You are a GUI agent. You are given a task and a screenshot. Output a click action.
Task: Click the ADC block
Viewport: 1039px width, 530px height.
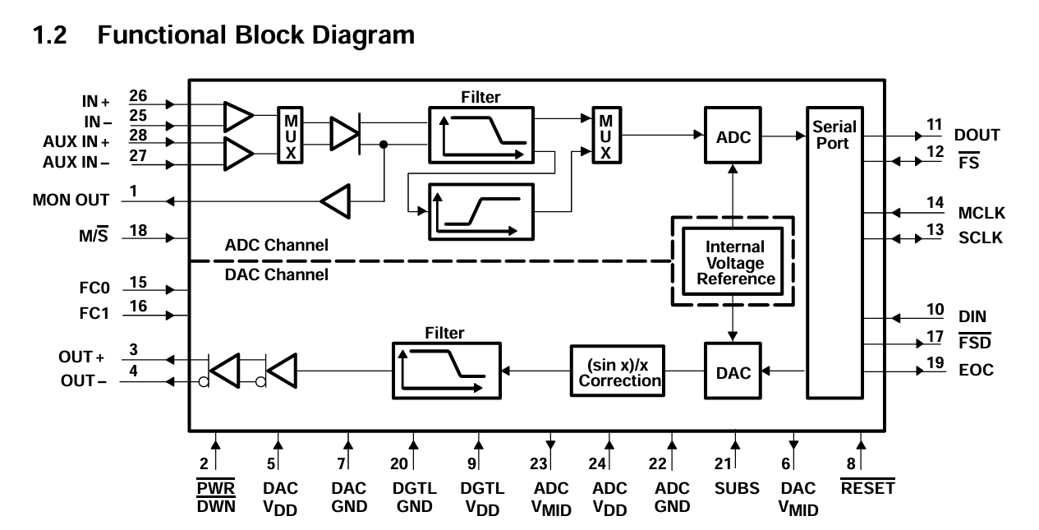pyautogui.click(x=733, y=136)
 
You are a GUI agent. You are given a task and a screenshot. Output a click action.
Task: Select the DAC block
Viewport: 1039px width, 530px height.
pyautogui.click(x=733, y=371)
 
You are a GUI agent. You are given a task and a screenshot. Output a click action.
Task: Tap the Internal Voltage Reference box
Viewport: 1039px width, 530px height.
pyautogui.click(x=733, y=261)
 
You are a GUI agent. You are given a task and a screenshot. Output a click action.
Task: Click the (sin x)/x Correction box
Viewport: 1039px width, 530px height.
pyautogui.click(x=618, y=371)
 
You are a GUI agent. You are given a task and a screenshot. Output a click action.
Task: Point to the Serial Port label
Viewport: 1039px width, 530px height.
pyautogui.click(x=834, y=135)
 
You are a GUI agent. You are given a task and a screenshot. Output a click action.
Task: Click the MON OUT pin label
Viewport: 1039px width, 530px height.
pyautogui.click(x=71, y=200)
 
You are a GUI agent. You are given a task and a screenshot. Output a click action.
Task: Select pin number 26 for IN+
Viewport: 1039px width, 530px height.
pyautogui.click(x=138, y=95)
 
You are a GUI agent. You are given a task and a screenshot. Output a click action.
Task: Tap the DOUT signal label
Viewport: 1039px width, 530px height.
pyautogui.click(x=977, y=135)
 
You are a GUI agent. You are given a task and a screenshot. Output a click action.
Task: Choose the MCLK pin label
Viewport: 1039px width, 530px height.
pyautogui.click(x=982, y=213)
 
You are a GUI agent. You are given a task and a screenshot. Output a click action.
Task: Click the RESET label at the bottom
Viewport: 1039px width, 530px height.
pyautogui.click(x=867, y=488)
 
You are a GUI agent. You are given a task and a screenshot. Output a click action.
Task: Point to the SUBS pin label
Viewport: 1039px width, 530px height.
pyautogui.click(x=737, y=488)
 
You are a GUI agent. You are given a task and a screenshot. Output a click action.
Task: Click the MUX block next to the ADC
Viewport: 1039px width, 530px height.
pyautogui.click(x=606, y=135)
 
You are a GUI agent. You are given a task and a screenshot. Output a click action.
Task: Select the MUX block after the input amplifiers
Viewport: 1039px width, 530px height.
pyautogui.click(x=291, y=135)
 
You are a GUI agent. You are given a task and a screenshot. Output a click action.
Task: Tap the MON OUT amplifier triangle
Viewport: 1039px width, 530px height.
pyautogui.click(x=336, y=201)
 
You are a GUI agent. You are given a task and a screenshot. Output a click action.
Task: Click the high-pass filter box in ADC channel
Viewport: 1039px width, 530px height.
pyautogui.click(x=481, y=212)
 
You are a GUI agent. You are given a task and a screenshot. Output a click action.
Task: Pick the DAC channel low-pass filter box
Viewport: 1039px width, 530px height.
pyautogui.click(x=446, y=371)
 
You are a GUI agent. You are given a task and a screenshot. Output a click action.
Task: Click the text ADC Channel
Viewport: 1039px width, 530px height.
pyautogui.click(x=277, y=245)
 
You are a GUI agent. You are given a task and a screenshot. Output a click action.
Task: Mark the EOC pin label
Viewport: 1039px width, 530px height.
pyautogui.click(x=976, y=371)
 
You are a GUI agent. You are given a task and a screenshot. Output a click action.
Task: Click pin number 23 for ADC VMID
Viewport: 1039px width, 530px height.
pyautogui.click(x=539, y=463)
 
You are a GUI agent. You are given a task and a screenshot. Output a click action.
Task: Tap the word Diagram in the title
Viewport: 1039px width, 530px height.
pyautogui.click(x=363, y=35)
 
